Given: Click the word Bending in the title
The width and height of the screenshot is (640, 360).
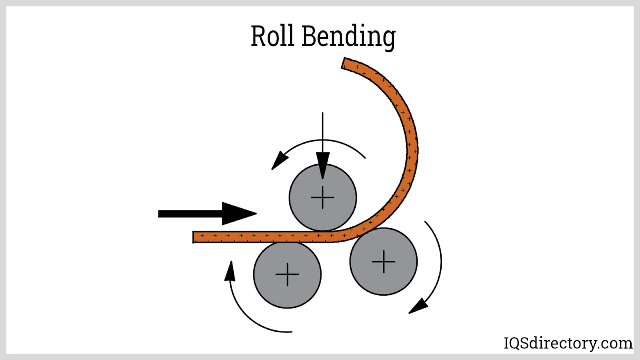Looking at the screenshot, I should [x=348, y=37].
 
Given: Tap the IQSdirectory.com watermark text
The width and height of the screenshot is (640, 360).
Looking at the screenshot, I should [x=568, y=343].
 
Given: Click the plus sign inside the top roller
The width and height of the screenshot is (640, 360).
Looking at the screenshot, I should [x=322, y=197].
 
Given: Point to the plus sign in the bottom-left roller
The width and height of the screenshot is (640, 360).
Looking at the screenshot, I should [x=287, y=274].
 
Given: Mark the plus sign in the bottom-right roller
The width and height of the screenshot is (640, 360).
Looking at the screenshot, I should [x=383, y=261].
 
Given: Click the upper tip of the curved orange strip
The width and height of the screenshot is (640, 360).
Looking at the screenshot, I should [x=345, y=63].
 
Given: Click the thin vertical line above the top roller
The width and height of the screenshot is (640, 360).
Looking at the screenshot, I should [x=322, y=132].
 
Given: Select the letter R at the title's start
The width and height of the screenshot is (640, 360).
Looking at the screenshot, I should [x=258, y=36].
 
